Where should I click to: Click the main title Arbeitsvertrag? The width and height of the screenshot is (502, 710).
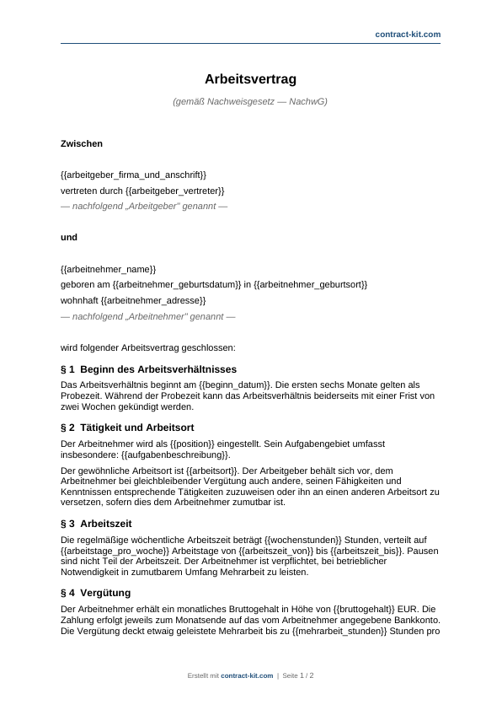tap(250, 78)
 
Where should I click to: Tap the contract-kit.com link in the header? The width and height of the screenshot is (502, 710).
tap(409, 34)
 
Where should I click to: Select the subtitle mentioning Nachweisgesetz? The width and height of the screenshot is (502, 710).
tap(250, 102)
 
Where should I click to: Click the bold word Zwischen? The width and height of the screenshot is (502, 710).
tap(82, 144)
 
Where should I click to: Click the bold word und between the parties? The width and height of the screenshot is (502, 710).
tap(69, 238)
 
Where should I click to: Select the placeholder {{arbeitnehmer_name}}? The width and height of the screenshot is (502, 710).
tap(109, 268)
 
